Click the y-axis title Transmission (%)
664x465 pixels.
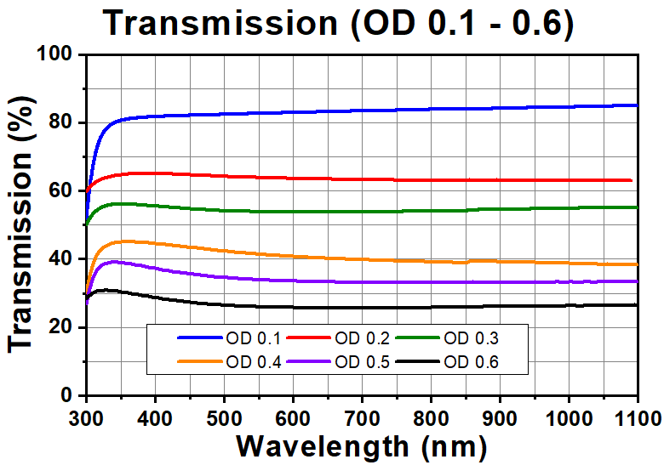23,225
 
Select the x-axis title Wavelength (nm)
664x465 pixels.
361,445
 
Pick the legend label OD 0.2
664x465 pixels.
360,338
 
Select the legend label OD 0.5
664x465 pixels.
360,362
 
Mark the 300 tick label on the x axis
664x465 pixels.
86,417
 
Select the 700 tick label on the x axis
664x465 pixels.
362,417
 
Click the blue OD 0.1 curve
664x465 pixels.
426,113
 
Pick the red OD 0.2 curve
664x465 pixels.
426,176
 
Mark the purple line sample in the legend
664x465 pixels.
311,362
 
